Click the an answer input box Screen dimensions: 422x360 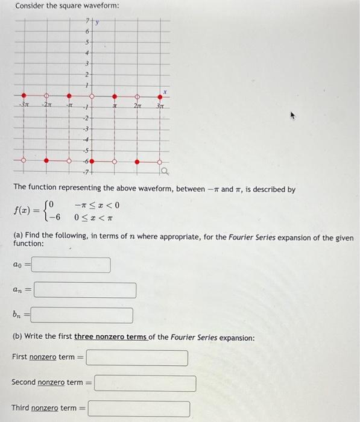(84, 291)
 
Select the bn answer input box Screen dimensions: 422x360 (82, 315)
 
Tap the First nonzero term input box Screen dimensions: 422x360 (137, 358)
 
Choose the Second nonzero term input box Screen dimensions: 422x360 (145, 383)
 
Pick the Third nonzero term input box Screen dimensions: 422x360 (139, 409)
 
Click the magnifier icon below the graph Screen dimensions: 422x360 (164, 174)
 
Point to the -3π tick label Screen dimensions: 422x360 (24, 107)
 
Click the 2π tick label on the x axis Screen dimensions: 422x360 (137, 107)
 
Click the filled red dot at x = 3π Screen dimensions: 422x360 (160, 96)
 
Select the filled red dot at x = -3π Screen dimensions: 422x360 (24, 96)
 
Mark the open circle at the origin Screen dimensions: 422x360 (92, 96)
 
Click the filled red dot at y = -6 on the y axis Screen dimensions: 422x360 (92, 162)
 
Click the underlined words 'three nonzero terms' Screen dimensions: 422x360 (110, 338)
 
